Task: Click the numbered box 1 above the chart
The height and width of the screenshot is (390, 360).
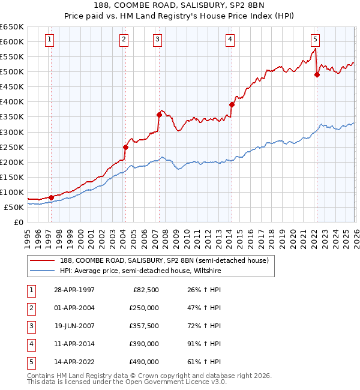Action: (x=49, y=40)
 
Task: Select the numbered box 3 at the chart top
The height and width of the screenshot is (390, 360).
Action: (x=157, y=40)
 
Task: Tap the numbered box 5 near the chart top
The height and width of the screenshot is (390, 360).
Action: (x=315, y=40)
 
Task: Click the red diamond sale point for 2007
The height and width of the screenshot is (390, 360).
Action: (x=159, y=115)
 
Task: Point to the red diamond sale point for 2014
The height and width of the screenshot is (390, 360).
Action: (x=232, y=104)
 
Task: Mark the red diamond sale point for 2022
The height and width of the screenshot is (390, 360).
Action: (x=317, y=74)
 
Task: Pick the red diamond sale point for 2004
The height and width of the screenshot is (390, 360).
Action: (x=125, y=147)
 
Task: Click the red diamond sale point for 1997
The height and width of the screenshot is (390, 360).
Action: (x=51, y=197)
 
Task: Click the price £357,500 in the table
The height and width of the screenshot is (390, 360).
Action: (x=143, y=326)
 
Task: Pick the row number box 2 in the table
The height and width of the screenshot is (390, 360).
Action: (x=30, y=308)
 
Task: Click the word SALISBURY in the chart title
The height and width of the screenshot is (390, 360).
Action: (x=183, y=7)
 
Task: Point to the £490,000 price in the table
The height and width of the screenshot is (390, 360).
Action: (x=143, y=362)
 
